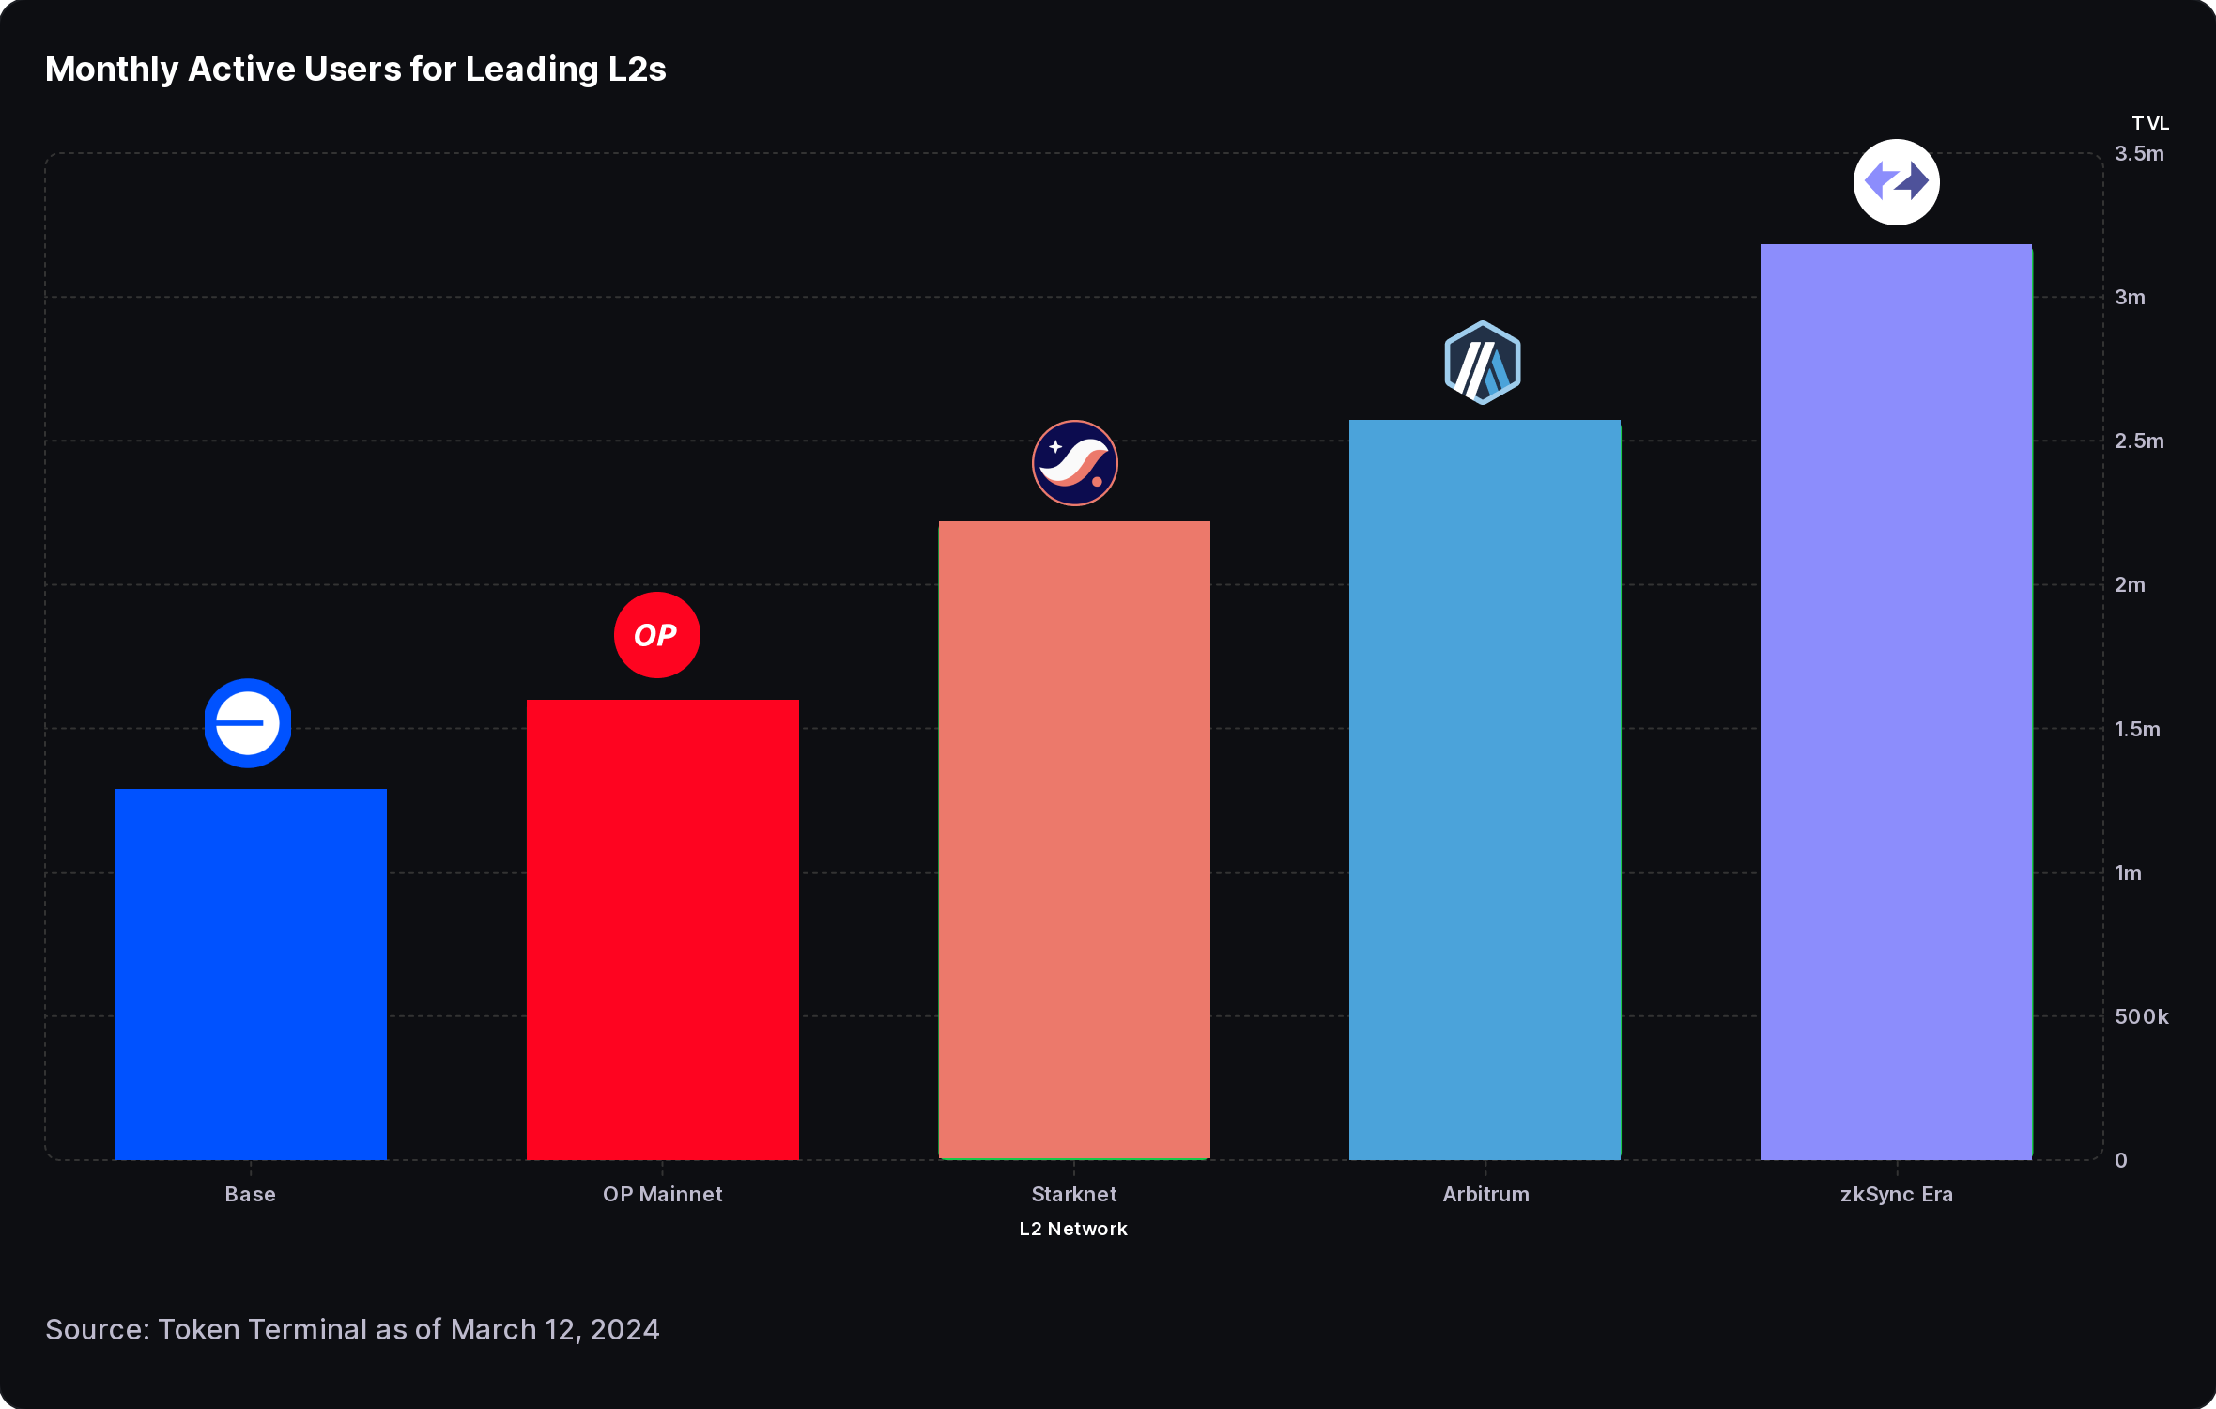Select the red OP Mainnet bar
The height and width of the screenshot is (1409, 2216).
(662, 929)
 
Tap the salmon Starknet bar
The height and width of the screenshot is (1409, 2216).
(1074, 840)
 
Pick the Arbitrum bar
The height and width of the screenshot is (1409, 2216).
(1485, 789)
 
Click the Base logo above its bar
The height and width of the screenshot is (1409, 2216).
(248, 723)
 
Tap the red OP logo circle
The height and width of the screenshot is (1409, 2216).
(657, 635)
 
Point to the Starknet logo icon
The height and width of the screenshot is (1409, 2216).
(1075, 463)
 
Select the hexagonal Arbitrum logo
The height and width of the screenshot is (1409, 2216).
(1483, 363)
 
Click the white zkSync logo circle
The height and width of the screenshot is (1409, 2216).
(1897, 182)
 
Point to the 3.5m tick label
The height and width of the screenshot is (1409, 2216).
(2139, 154)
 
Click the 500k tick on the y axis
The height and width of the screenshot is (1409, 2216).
(2141, 1016)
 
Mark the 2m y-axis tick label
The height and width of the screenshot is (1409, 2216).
(2130, 585)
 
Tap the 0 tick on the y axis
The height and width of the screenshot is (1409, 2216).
(2121, 1161)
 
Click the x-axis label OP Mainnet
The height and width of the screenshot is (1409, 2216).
(662, 1194)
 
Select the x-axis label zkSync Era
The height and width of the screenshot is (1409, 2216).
(1896, 1194)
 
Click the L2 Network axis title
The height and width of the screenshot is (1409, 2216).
(1073, 1229)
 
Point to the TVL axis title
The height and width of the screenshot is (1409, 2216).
(2150, 124)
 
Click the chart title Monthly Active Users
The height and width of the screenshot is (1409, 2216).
(356, 70)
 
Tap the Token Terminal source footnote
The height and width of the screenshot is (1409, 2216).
(352, 1329)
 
